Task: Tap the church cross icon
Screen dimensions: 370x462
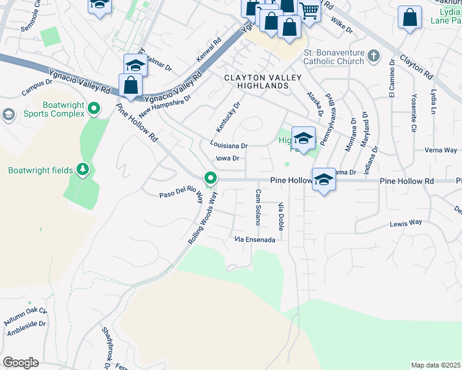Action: (x=372, y=57)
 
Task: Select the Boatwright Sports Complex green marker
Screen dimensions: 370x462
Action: (x=94, y=109)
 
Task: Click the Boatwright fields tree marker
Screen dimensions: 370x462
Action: (x=82, y=170)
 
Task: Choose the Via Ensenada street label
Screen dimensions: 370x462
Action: (x=254, y=239)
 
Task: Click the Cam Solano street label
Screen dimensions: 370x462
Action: (x=258, y=207)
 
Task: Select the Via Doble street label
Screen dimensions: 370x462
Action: (x=281, y=216)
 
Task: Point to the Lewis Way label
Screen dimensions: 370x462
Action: (x=405, y=222)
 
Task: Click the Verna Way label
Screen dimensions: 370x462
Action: (x=441, y=150)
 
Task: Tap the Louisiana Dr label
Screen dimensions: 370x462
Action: (x=229, y=146)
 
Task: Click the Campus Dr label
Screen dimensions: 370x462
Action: (x=37, y=89)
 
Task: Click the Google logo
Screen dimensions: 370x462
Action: (x=20, y=363)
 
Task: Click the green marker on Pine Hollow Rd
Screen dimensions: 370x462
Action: (x=211, y=179)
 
